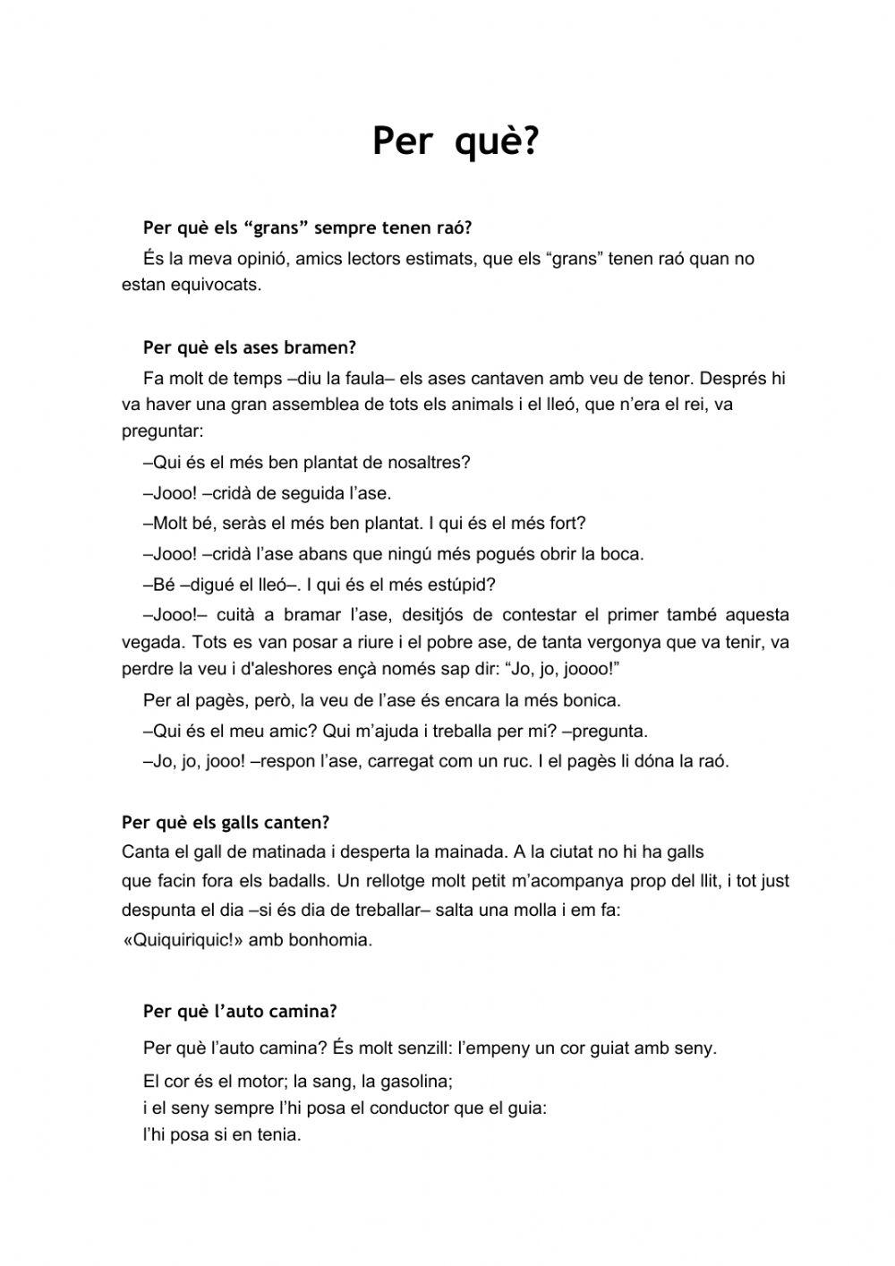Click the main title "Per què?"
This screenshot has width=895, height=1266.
(x=456, y=141)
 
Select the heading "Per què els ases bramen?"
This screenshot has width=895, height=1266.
(x=250, y=347)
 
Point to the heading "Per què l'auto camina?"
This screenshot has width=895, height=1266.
(x=240, y=1012)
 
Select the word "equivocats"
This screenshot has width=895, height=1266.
(x=219, y=286)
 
